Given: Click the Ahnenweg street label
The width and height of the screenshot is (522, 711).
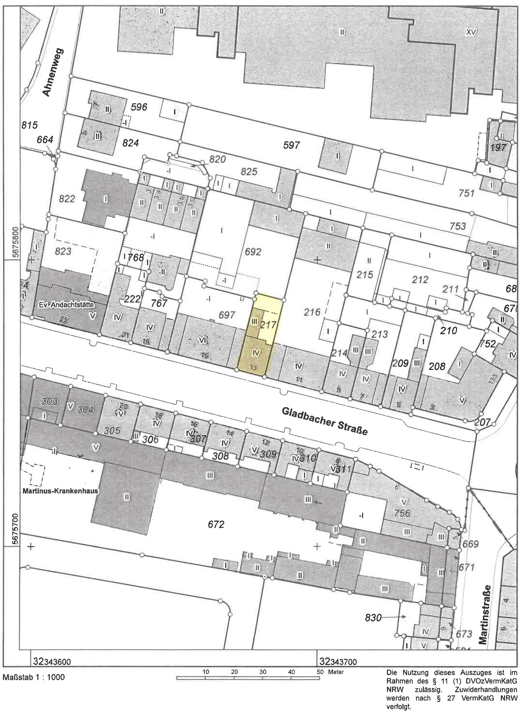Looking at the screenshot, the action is pos(53,72).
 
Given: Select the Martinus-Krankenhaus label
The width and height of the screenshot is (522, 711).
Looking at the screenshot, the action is pos(60,491).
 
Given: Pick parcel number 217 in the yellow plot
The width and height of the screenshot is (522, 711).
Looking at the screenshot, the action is pos(268,325).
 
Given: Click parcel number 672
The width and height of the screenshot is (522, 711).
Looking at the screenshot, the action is pos(216,524).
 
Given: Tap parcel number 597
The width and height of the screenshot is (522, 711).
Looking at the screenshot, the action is pos(291,145).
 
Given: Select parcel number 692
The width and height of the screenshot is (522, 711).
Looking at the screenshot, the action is pos(253,251).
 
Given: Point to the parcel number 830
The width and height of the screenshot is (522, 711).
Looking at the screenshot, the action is pos(373,617).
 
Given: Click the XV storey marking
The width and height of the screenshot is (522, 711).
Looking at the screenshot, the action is pos(471,32).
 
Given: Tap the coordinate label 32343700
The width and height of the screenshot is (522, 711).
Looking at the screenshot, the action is pos(338,661).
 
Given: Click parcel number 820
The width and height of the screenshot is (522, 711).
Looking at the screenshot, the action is pos(217,159).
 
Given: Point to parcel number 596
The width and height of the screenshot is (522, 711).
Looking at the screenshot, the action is pos(139,107).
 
